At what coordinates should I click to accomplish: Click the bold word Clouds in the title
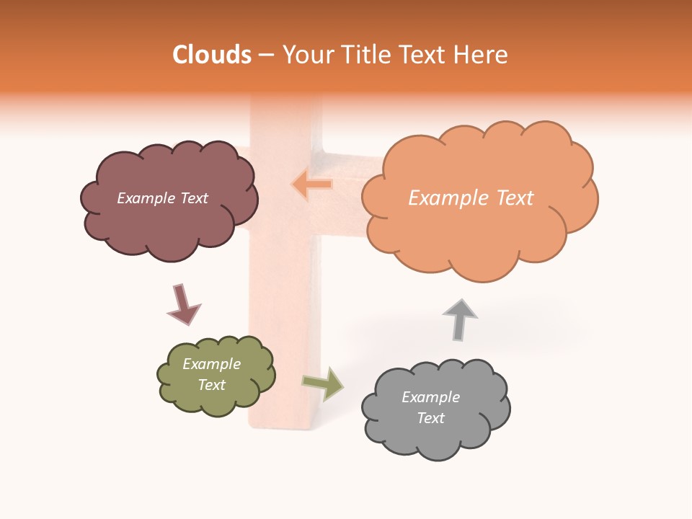212,55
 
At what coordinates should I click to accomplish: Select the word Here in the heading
483,55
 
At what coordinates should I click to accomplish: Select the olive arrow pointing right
324,383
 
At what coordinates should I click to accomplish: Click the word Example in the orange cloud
445,198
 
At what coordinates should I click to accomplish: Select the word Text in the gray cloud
430,418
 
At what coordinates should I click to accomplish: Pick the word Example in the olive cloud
211,364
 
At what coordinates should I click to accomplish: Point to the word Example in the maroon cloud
146,198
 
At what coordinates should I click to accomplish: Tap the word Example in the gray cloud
430,397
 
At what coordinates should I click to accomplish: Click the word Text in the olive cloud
211,385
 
